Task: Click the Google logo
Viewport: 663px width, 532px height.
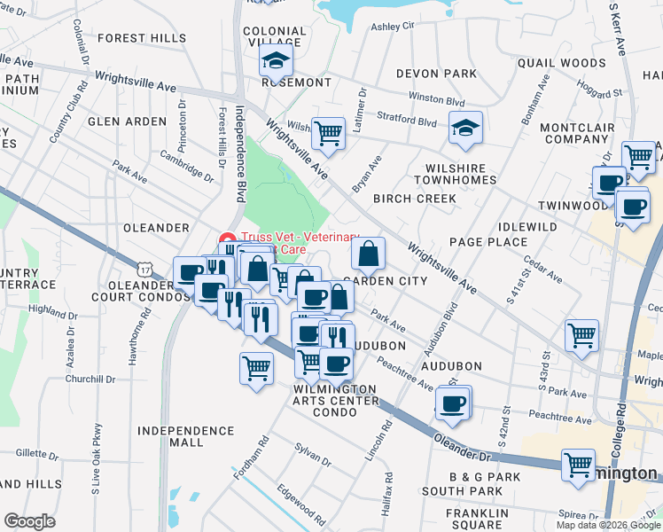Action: point(29,521)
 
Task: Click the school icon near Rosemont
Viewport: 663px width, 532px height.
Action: point(276,62)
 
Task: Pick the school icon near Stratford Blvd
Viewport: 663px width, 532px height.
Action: point(465,129)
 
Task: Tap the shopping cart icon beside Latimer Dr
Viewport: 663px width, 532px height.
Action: point(329,134)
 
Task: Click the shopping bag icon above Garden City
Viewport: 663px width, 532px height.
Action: point(368,254)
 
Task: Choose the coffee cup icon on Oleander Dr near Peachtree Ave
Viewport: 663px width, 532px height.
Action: point(453,403)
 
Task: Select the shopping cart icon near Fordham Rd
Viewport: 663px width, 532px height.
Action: point(256,365)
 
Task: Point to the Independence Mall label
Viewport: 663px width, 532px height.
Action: point(186,436)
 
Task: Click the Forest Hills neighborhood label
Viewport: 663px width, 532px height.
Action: point(142,38)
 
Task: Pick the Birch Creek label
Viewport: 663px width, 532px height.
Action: point(414,199)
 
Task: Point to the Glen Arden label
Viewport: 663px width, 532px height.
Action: point(127,121)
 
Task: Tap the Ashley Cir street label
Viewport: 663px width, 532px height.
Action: point(393,27)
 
